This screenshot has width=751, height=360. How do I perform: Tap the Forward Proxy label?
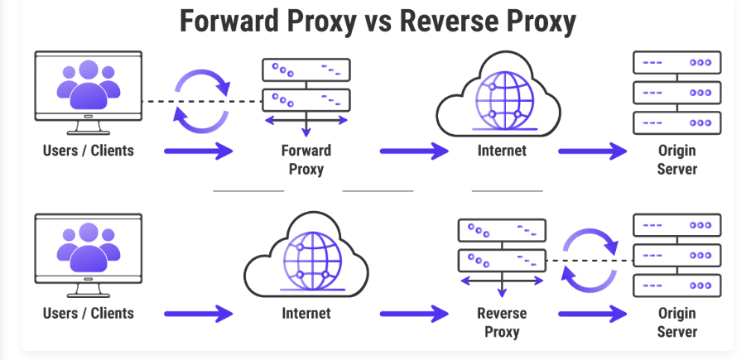306,160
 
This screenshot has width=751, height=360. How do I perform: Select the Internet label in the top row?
501,151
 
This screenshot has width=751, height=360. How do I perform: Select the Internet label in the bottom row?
306,314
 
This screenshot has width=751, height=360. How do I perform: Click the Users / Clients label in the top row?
89,151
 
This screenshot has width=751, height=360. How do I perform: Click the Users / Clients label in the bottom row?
89,314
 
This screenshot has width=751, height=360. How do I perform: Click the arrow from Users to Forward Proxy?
199,151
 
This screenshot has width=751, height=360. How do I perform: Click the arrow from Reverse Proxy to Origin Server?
593,314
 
